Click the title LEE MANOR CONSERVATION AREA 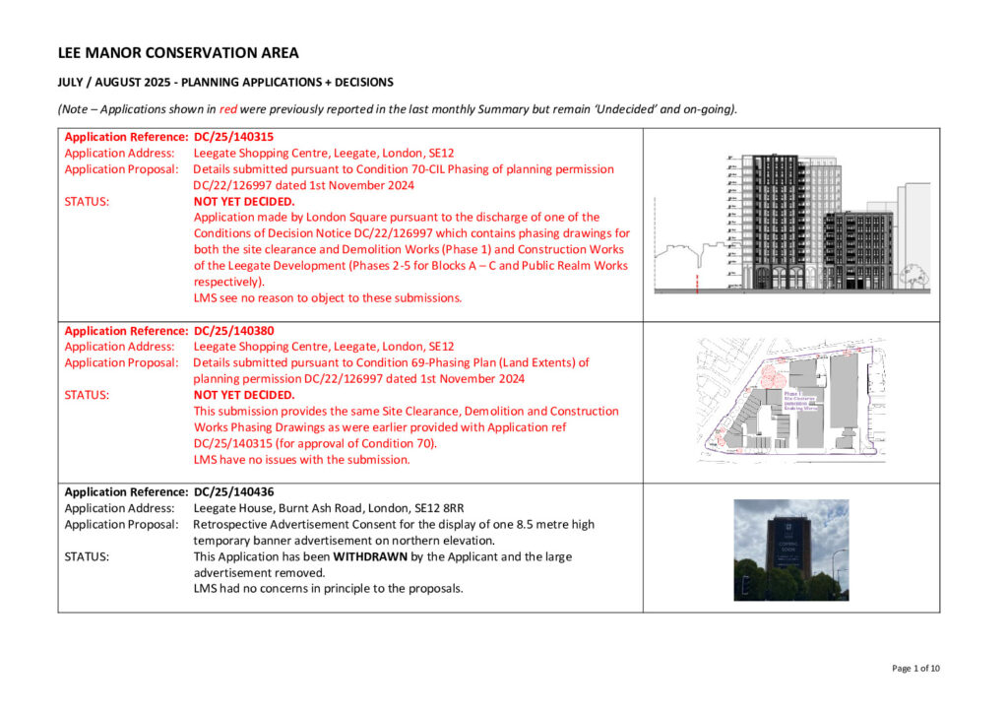pos(178,53)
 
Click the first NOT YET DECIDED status pos(244,201)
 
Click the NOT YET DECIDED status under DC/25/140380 pos(244,395)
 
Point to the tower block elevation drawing pos(791,223)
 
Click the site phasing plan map pos(791,400)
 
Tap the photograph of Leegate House pos(790,550)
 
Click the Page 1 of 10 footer pos(915,669)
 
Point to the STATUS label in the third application pos(87,556)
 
